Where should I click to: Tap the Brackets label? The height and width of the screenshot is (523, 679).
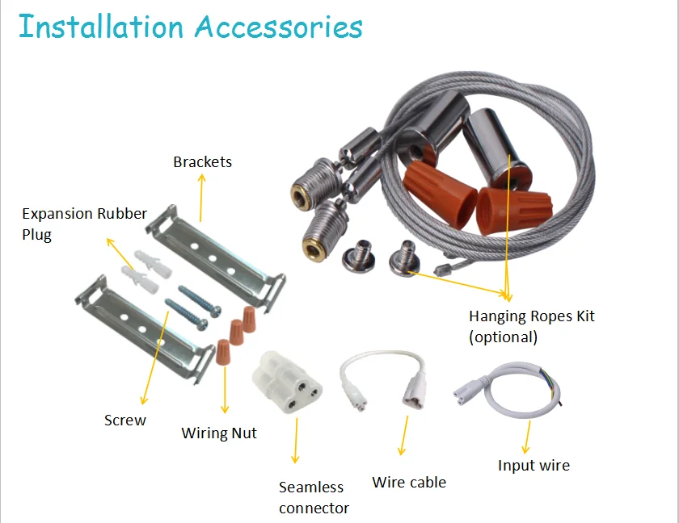202,161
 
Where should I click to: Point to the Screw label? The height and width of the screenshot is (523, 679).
125,420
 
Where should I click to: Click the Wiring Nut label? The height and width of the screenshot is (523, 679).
219,433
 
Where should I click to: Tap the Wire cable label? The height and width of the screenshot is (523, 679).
409,482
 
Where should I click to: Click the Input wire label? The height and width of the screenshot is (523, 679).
533,465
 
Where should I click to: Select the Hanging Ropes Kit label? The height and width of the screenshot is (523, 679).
531,316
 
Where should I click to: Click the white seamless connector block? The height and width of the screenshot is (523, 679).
288,382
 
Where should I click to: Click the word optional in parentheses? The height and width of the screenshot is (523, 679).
503,337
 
